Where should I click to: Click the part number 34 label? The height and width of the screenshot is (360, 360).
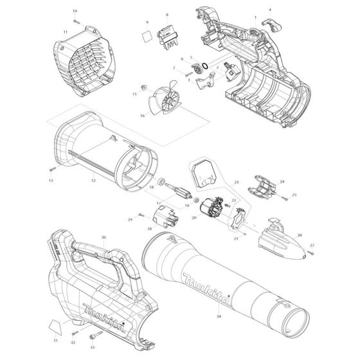(x=219, y=316)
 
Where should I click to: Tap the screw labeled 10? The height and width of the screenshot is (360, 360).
(x=76, y=22)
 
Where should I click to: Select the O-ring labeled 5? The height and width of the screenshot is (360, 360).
(x=205, y=66)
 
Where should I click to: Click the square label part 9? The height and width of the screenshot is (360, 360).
(x=147, y=36)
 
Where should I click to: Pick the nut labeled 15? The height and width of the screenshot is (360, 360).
(x=143, y=87)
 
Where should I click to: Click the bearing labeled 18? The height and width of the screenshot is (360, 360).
(x=161, y=181)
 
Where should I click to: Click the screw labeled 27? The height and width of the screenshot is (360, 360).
(x=310, y=253)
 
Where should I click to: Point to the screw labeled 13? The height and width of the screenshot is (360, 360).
(x=52, y=169)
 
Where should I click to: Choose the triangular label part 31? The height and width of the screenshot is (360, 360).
(x=55, y=327)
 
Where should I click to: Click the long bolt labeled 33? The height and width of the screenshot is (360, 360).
(x=96, y=334)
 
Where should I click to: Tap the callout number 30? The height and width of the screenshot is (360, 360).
(x=104, y=237)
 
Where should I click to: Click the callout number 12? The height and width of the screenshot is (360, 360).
(x=93, y=181)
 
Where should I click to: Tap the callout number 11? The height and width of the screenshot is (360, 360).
(x=66, y=32)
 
